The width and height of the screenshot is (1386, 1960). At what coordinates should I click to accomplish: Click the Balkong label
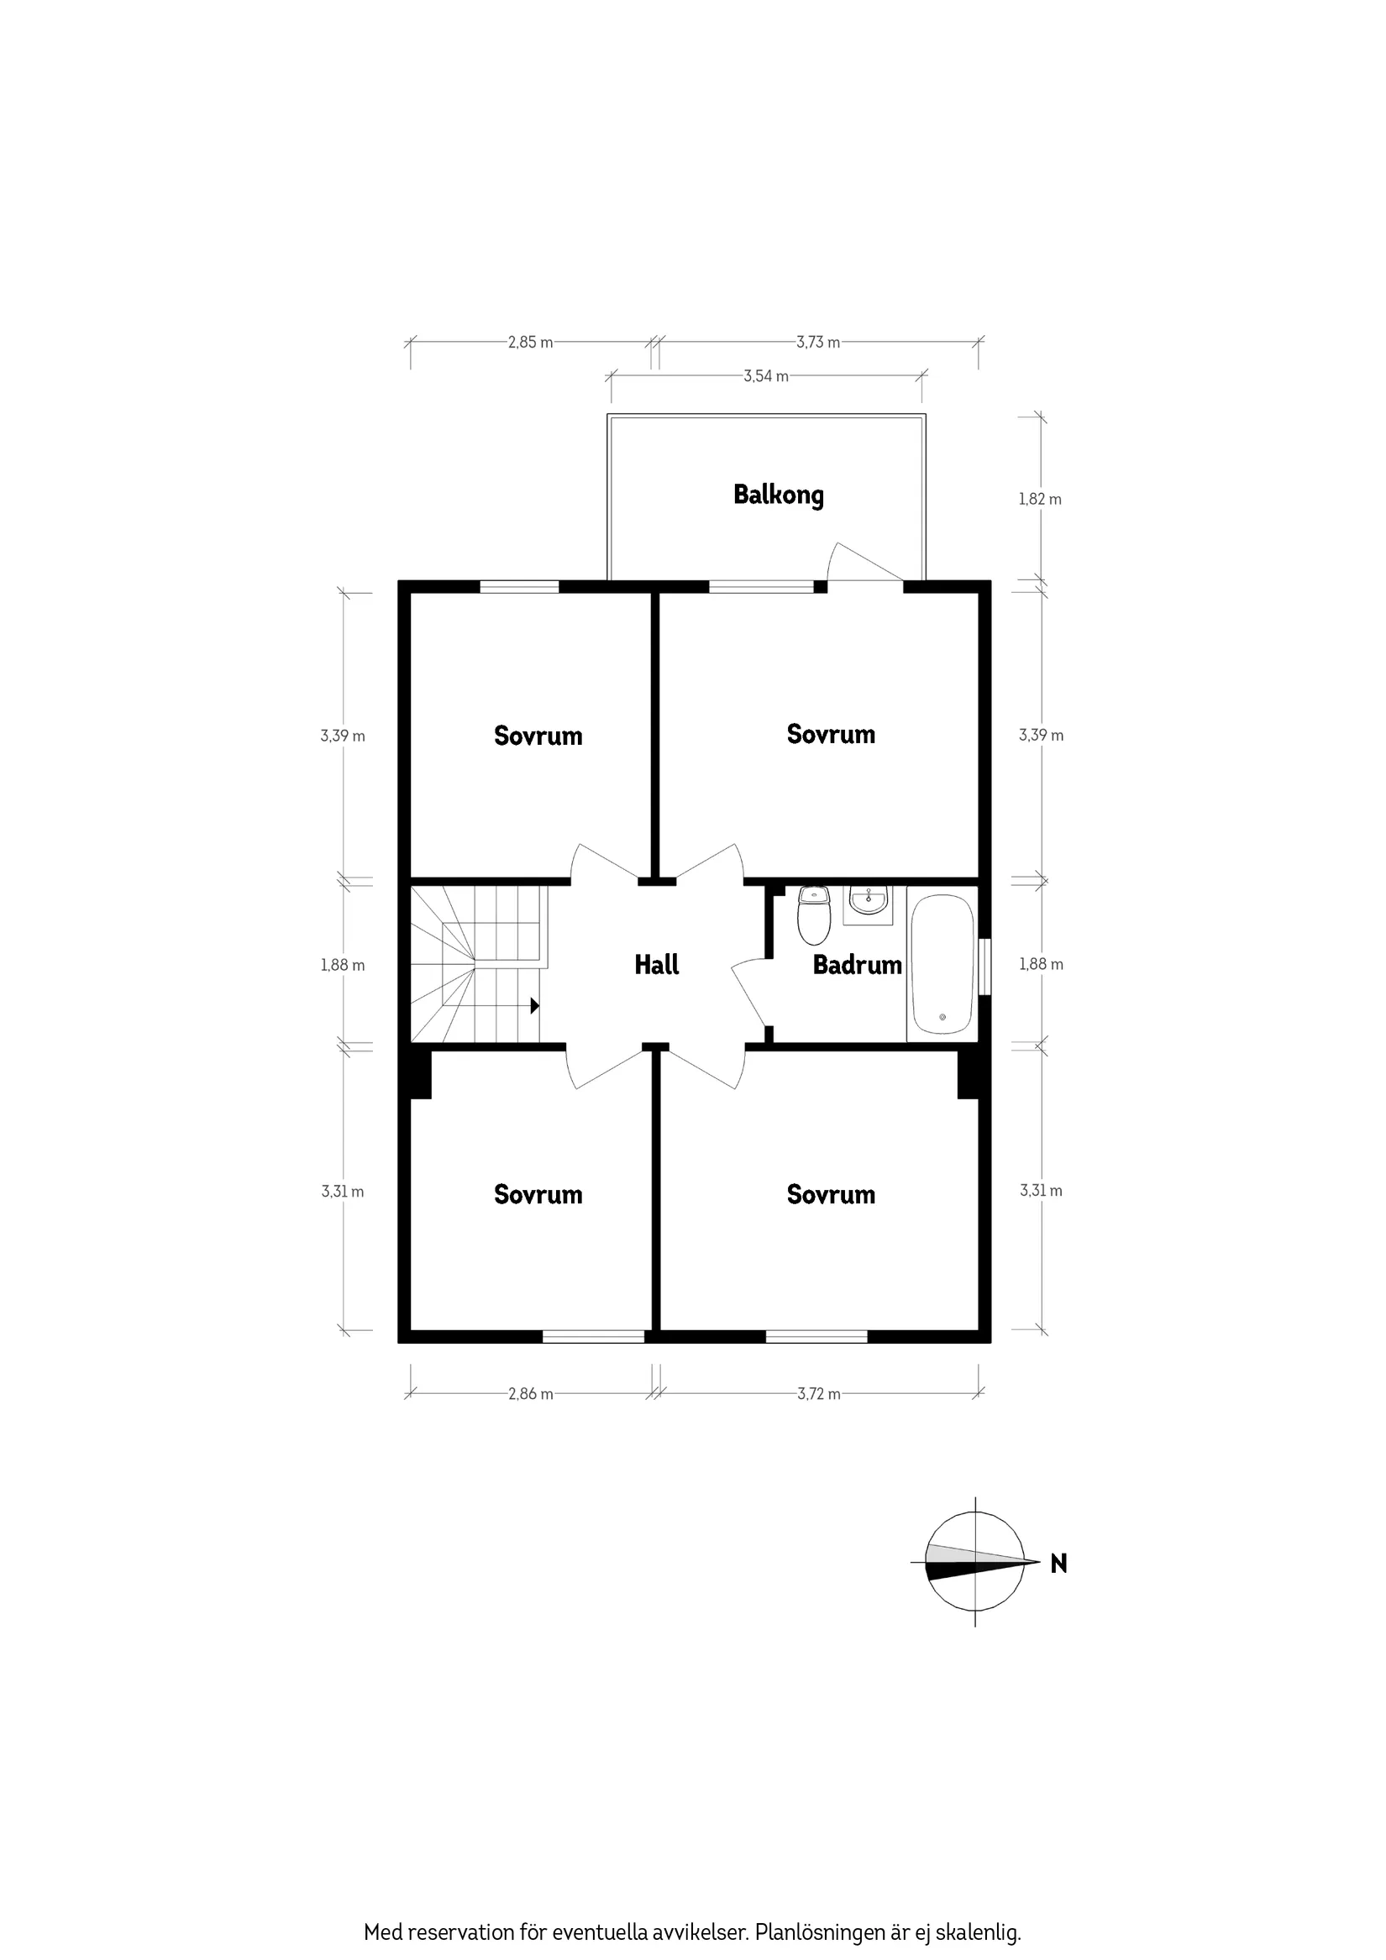[778, 495]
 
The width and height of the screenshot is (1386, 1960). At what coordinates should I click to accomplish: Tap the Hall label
[656, 965]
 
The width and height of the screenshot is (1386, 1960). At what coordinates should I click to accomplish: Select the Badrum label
[857, 965]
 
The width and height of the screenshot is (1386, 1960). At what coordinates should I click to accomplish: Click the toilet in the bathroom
[813, 914]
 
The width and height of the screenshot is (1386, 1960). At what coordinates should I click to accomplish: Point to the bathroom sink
[869, 902]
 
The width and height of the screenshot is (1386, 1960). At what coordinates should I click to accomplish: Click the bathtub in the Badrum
[942, 965]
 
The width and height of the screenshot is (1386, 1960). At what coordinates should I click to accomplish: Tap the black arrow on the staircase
[534, 1005]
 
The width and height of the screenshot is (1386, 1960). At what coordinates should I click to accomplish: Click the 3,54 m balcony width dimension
[765, 375]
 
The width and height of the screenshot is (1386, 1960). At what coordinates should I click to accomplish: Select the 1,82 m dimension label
[1039, 500]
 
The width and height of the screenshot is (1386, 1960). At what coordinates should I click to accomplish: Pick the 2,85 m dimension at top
[529, 343]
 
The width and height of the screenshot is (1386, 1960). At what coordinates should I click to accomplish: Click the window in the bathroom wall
[984, 967]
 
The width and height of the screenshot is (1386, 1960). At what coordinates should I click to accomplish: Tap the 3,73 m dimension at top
[817, 343]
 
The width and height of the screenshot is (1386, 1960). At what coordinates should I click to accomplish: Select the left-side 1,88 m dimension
[343, 965]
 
